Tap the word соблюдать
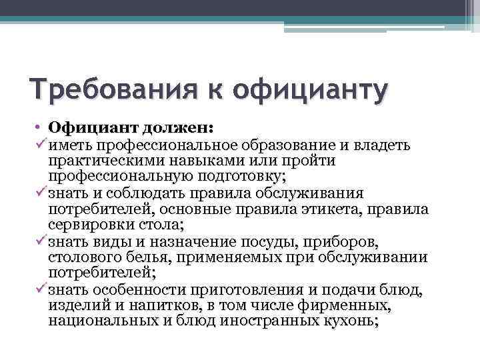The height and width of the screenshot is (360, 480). [x=139, y=193]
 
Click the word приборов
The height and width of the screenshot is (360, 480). [x=339, y=241]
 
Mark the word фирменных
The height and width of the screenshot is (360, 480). [x=347, y=305]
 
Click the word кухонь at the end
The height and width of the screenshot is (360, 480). [x=351, y=321]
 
